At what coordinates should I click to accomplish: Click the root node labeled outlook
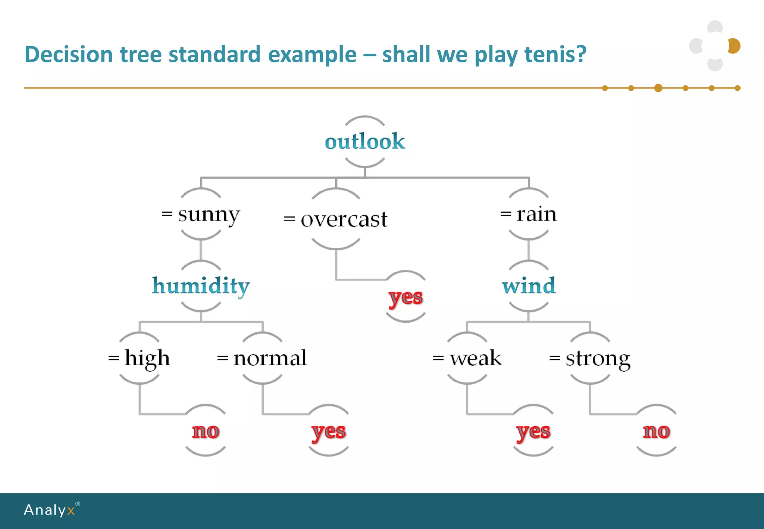pyautogui.click(x=365, y=141)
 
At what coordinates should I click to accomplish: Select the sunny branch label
pyautogui.click(x=201, y=215)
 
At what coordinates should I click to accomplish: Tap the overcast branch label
pyautogui.click(x=336, y=219)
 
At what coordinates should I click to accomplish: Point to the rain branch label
pyautogui.click(x=529, y=214)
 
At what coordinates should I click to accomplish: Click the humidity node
pyautogui.click(x=201, y=286)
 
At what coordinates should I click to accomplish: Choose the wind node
pyautogui.click(x=529, y=286)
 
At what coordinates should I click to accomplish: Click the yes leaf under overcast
pyautogui.click(x=406, y=297)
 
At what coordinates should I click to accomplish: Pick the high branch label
pyautogui.click(x=140, y=358)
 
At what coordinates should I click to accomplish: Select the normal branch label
pyautogui.click(x=262, y=358)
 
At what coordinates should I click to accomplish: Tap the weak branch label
pyautogui.click(x=467, y=358)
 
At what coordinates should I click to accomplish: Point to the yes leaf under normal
pyautogui.click(x=329, y=432)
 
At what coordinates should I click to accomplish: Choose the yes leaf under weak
pyautogui.click(x=533, y=432)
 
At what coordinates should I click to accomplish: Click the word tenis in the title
pyautogui.click(x=555, y=54)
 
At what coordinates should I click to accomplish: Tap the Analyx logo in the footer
pyautogui.click(x=50, y=510)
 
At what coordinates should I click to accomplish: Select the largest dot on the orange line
pyautogui.click(x=658, y=88)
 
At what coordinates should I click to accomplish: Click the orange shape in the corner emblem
pyautogui.click(x=735, y=46)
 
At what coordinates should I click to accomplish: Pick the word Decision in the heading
pyautogui.click(x=68, y=54)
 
